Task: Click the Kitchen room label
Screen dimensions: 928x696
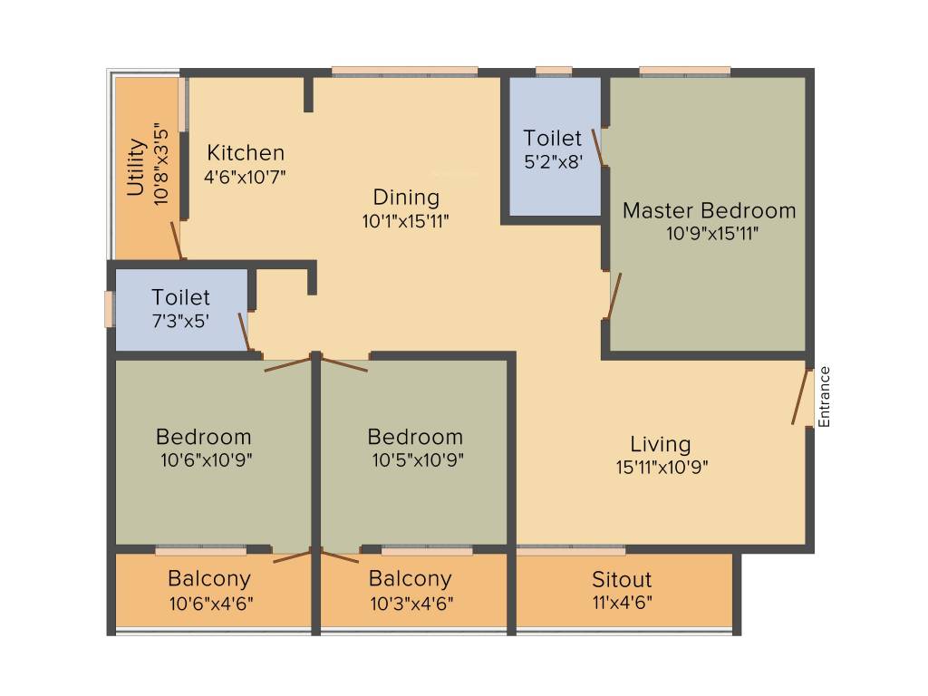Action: pyautogui.click(x=246, y=152)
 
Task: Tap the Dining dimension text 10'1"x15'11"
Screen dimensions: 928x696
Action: pyautogui.click(x=405, y=221)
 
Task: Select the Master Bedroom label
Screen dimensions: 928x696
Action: pyautogui.click(x=709, y=210)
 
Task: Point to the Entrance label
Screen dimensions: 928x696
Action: pyautogui.click(x=825, y=397)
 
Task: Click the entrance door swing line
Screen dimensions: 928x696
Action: pyautogui.click(x=800, y=397)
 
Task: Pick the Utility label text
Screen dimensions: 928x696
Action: pyautogui.click(x=136, y=167)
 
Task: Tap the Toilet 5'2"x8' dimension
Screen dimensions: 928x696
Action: pyautogui.click(x=554, y=161)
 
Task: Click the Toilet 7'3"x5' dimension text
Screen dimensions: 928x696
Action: pyautogui.click(x=180, y=321)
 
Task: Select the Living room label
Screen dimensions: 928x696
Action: pyautogui.click(x=660, y=444)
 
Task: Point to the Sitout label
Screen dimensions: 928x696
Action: pyautogui.click(x=622, y=579)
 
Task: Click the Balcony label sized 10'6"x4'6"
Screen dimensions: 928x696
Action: pyautogui.click(x=209, y=578)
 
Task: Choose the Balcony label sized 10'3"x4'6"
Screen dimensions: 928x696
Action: pyautogui.click(x=411, y=578)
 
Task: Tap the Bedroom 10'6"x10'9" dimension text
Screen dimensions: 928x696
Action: pyautogui.click(x=206, y=459)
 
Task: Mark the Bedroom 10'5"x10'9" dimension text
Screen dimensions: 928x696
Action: pyautogui.click(x=417, y=459)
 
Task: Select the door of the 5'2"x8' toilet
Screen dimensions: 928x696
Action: pyautogui.click(x=598, y=148)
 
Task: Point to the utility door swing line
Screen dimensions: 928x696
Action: pyautogui.click(x=177, y=240)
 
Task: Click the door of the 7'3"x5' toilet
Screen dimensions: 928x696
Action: pyautogui.click(x=244, y=332)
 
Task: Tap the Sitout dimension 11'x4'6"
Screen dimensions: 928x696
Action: pyautogui.click(x=622, y=603)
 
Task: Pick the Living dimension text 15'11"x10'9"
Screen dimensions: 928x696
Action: pyautogui.click(x=662, y=468)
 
